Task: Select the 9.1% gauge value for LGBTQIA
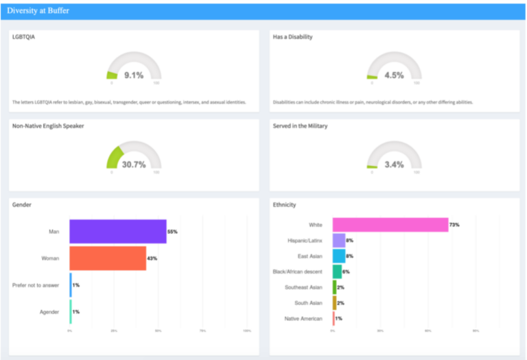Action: click(134, 75)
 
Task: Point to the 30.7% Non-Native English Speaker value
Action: click(134, 165)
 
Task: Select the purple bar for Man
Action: click(118, 232)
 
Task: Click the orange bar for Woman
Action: click(108, 258)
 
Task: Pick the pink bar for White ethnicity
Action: click(390, 225)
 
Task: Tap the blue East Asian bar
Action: click(339, 256)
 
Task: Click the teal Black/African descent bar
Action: click(337, 272)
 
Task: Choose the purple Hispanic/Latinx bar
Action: click(339, 241)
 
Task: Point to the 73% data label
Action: click(454, 225)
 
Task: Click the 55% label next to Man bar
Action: click(172, 232)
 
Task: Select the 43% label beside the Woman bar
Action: click(152, 258)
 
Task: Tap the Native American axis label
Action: click(303, 319)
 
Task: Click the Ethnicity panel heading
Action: click(284, 204)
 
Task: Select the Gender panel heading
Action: click(22, 204)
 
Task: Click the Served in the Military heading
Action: click(301, 125)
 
